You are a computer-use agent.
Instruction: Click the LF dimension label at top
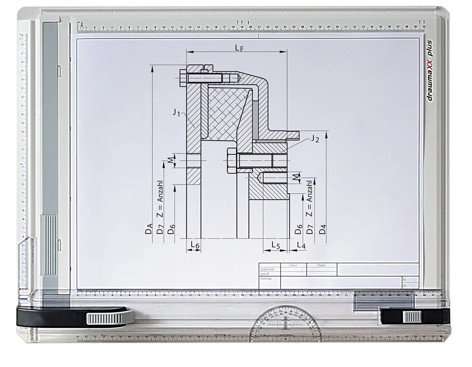239,48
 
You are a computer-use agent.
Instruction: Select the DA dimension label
149,229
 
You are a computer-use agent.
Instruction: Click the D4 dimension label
323,229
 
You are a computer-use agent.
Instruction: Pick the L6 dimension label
195,245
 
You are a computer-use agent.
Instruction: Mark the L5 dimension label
275,245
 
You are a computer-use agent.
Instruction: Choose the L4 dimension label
301,245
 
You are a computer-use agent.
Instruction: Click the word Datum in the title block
293,265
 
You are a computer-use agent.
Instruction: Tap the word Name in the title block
321,265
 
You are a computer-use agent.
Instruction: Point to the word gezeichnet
267,269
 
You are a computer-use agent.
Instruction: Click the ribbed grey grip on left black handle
104,318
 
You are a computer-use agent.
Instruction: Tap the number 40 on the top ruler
424,27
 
